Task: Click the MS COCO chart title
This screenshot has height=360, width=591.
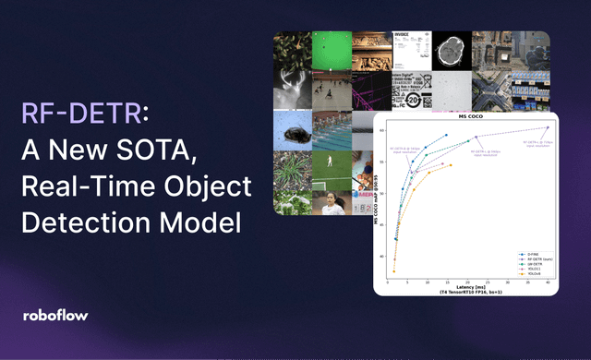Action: coord(472,117)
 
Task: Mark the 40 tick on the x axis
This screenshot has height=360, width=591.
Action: coord(548,282)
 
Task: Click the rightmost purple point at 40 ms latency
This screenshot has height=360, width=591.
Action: coord(548,128)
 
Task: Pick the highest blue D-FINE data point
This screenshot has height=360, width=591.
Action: coord(447,136)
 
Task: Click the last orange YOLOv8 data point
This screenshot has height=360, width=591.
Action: coord(450,165)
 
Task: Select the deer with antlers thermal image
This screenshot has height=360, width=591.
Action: coord(291,89)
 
